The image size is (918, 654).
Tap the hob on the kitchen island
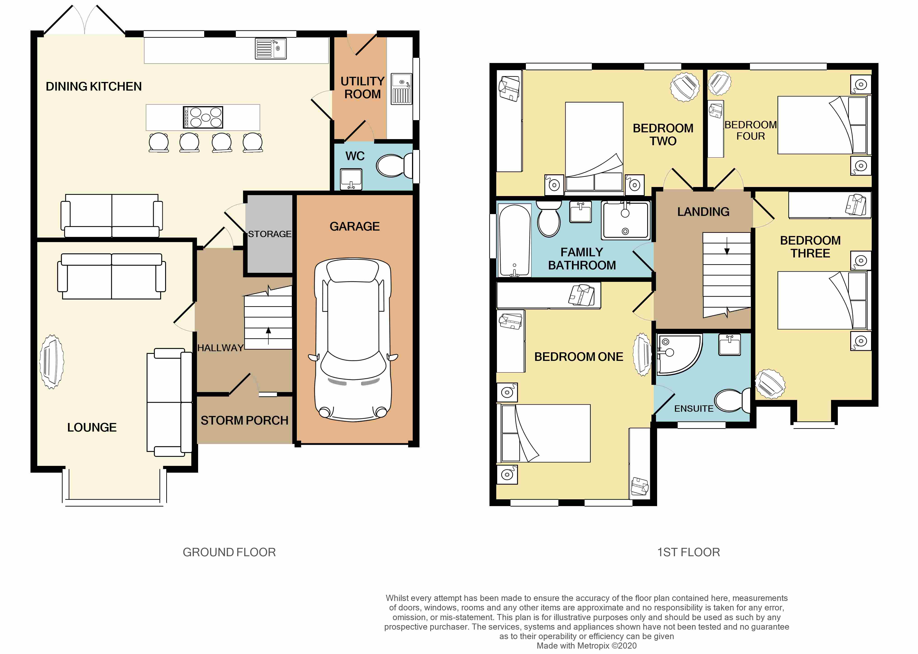point(203,117)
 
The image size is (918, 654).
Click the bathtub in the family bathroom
point(514,241)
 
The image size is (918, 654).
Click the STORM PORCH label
point(244,420)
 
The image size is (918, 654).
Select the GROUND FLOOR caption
point(229,552)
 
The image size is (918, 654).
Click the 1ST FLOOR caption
point(688,552)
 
